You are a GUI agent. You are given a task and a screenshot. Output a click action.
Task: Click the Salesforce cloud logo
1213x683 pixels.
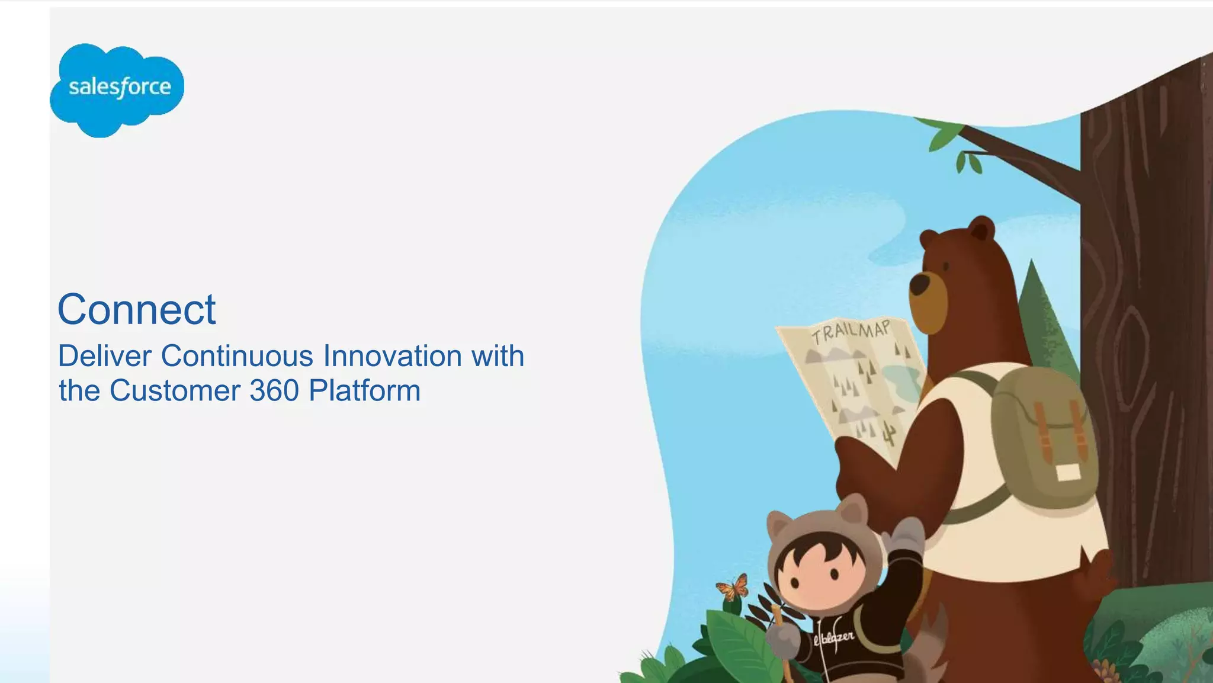coord(117,89)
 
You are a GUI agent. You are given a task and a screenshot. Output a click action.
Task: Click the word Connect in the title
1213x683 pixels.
coord(137,309)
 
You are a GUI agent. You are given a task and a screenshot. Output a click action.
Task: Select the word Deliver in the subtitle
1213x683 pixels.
coord(105,356)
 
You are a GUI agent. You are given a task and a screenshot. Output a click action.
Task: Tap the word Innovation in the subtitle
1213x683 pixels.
coord(393,356)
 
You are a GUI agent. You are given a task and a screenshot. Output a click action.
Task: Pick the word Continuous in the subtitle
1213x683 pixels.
coord(237,356)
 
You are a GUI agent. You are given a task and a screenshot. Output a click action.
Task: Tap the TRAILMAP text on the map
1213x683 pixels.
coord(851,332)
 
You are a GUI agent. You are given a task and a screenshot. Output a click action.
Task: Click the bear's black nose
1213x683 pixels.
coord(919,284)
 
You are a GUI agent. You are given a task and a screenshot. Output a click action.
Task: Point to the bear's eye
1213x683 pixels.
coord(947,265)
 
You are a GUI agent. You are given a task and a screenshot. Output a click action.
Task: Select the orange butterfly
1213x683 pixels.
coord(733,588)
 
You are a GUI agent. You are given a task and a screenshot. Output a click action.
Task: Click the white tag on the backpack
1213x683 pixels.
coord(1068,472)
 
